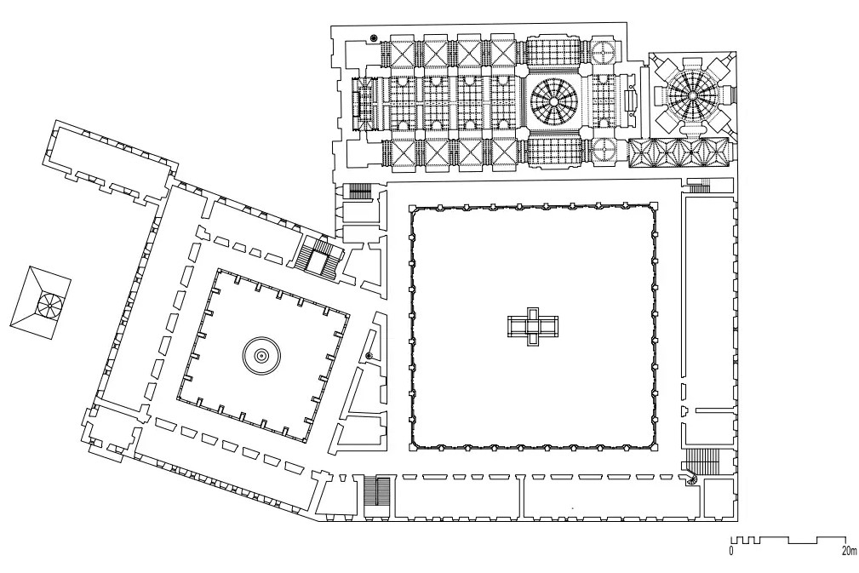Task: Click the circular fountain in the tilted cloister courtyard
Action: coord(262,356)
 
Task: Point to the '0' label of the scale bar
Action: coord(730,551)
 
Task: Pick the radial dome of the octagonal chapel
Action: coord(692,95)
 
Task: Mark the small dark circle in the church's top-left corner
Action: coord(374,37)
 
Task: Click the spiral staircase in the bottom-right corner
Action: coord(692,478)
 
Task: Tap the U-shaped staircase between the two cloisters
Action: coord(318,255)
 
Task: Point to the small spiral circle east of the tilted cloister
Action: coord(369,356)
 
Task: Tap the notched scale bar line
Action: coord(788,540)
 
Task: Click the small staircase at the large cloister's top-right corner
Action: coord(699,186)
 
